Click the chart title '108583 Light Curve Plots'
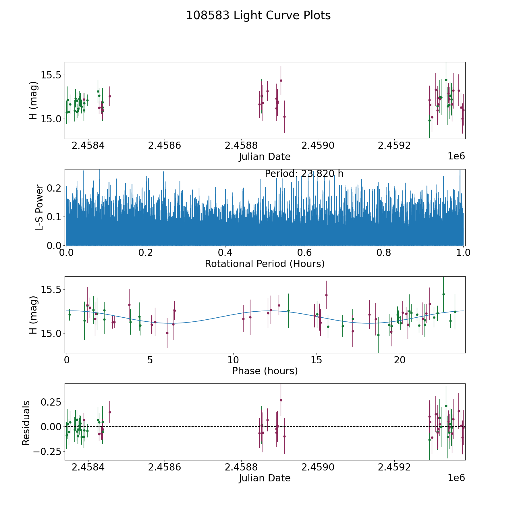258,16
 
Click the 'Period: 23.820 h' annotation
304,174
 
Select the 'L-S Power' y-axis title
39,207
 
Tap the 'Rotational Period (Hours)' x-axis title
265,264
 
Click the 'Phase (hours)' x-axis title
265,371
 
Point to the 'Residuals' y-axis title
26,423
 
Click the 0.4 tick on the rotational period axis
225,253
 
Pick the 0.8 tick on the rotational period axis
384,253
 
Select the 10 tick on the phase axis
233,360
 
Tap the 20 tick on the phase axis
399,360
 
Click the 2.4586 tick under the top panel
164,146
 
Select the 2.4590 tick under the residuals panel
318,467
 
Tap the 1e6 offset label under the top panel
456,156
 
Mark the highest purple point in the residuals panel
281,400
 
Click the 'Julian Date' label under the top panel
265,157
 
